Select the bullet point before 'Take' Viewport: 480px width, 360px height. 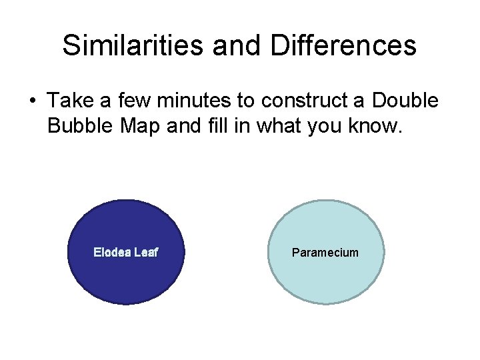31,101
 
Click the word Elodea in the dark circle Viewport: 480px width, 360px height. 112,253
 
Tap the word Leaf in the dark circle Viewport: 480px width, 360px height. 146,253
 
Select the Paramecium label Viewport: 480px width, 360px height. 325,253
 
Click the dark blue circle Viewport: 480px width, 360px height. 125,280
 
